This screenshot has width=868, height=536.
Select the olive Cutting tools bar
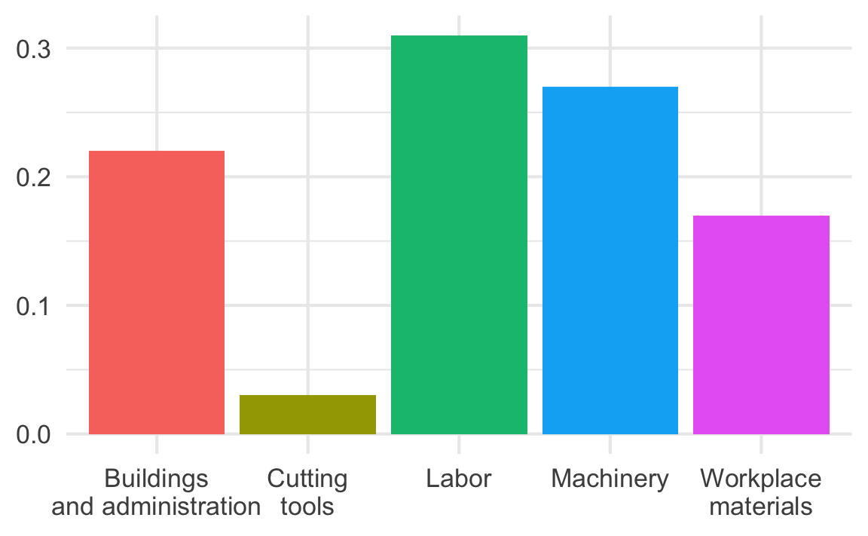click(307, 415)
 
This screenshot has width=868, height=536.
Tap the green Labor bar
click(459, 234)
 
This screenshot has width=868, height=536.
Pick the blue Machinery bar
click(610, 260)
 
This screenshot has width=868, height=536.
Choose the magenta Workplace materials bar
click(761, 325)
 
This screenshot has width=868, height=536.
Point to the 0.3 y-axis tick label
click(33, 49)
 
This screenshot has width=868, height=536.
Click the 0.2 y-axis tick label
click(33, 177)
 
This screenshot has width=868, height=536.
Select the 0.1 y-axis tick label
click(33, 306)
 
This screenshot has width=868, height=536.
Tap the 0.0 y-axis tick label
click(33, 435)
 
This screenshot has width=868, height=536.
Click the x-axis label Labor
click(459, 479)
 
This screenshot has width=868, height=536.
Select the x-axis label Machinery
click(610, 479)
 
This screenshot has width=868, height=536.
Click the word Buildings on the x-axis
click(156, 479)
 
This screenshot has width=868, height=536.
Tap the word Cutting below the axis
click(307, 479)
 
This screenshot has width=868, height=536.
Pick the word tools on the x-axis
click(307, 506)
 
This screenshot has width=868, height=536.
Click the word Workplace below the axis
click(761, 479)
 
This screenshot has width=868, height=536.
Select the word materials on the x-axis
click(761, 506)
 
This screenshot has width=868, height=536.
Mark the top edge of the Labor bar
click(459, 35)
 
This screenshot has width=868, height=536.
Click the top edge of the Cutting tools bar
click(307, 395)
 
